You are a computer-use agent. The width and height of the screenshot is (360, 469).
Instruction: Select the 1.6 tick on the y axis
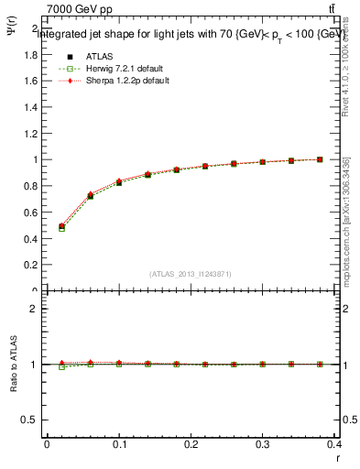tap(31, 81)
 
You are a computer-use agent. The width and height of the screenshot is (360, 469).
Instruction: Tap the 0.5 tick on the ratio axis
tap(29, 420)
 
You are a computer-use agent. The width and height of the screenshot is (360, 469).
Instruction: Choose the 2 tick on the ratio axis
tap(33, 309)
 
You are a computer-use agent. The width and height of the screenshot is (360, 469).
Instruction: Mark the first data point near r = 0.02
tap(61, 226)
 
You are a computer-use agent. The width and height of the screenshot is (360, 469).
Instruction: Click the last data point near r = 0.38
tap(320, 159)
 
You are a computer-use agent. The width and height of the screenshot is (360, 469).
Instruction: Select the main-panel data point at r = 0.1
tap(119, 182)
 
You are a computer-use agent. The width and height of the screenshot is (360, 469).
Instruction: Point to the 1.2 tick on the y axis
tap(31, 133)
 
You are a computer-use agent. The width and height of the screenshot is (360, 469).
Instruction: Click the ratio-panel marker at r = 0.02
tap(61, 365)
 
